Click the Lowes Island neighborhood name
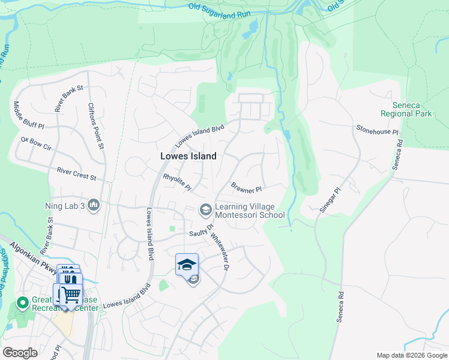pyautogui.click(x=188, y=155)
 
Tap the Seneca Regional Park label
pyautogui.click(x=407, y=109)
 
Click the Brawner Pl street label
pyautogui.click(x=247, y=188)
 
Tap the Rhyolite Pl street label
pyautogui.click(x=177, y=182)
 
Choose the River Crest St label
pyautogui.click(x=76, y=174)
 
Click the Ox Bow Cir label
pyautogui.click(x=37, y=144)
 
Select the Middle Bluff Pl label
pyautogui.click(x=29, y=115)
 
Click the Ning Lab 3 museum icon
pyautogui.click(x=93, y=206)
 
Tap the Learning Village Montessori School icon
pyautogui.click(x=205, y=209)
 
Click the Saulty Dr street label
pyautogui.click(x=202, y=233)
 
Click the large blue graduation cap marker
pyautogui.click(x=187, y=264)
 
